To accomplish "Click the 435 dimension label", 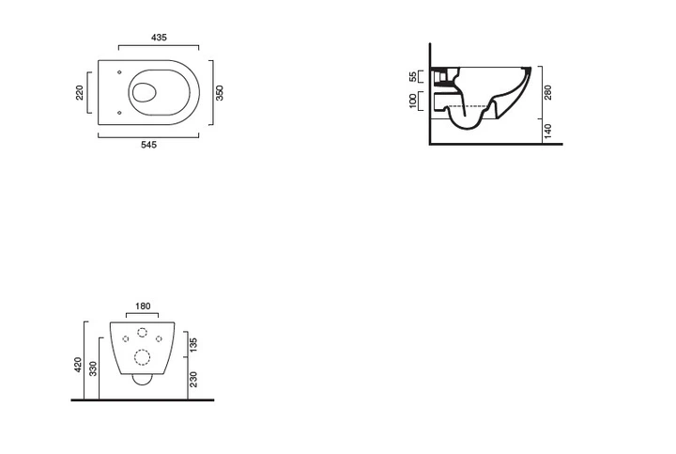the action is [159, 38].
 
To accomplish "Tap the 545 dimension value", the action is [148, 145].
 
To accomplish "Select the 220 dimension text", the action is [79, 93].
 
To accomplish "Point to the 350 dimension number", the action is [220, 93].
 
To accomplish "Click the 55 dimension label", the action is [413, 77].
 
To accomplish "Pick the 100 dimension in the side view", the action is [413, 101].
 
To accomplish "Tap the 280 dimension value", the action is [548, 92].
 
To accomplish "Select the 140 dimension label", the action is [548, 132].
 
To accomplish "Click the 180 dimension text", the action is [143, 306].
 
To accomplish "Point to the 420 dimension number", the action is [78, 365].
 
